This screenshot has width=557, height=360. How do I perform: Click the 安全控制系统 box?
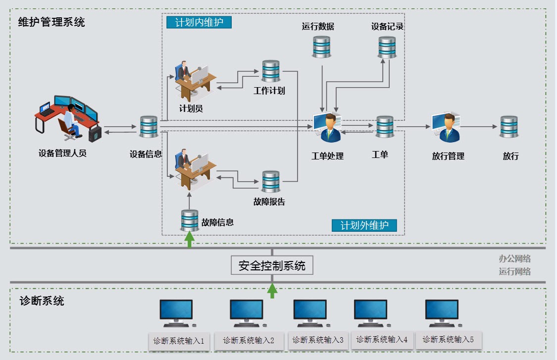[272, 265]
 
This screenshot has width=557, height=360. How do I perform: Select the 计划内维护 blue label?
[199, 22]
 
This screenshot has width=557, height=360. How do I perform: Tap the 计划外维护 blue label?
[364, 225]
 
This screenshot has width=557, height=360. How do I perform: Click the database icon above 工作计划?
[270, 71]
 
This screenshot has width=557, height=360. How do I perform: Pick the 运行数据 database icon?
[321, 47]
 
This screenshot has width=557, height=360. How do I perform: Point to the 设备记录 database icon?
[387, 47]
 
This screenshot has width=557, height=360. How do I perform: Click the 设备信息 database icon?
[148, 127]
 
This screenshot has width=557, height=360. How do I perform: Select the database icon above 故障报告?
[270, 182]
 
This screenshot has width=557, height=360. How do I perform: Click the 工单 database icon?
[385, 127]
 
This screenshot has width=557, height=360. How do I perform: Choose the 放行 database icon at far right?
[508, 127]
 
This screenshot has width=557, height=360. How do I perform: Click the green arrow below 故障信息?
[189, 239]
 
